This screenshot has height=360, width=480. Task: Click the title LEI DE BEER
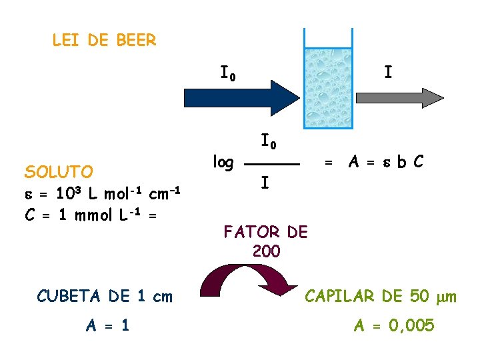click(104, 41)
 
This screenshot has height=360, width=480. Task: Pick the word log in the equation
click(223, 161)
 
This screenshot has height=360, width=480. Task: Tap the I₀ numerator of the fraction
click(269, 142)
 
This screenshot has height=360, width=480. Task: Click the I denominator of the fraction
click(265, 181)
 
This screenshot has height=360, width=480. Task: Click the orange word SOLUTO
click(59, 172)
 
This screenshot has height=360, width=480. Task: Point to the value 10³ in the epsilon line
click(70, 193)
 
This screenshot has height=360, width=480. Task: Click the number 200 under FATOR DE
click(267, 252)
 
